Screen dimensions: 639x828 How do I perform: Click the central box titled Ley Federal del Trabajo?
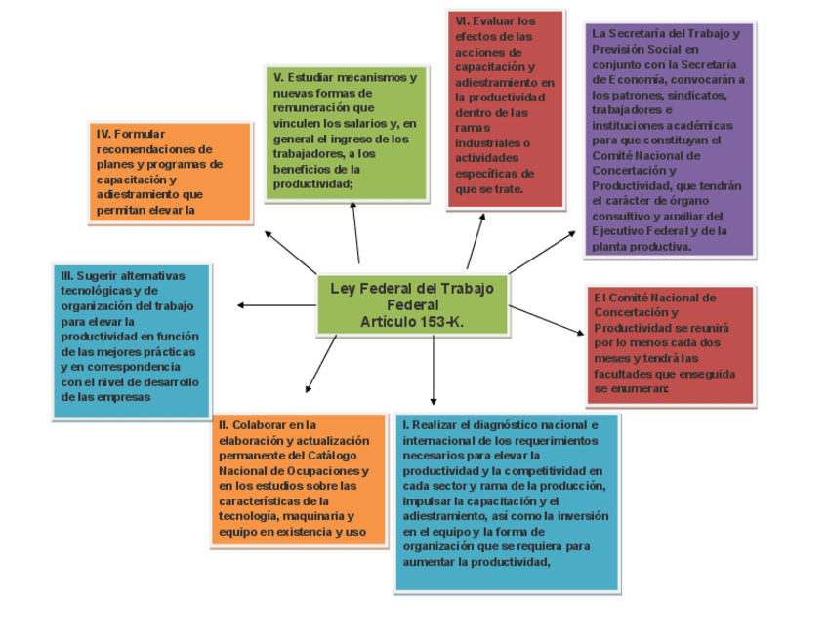pos(412,304)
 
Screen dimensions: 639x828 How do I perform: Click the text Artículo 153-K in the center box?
pos(412,321)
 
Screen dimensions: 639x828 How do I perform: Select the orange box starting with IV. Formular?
pos(171,172)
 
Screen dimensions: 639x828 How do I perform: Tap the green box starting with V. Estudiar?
pos(346,132)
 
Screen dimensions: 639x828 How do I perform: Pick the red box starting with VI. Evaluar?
pos(505,108)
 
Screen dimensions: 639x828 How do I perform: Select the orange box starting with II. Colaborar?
pos(289,478)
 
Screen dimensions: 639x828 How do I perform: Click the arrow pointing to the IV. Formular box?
pos(291,252)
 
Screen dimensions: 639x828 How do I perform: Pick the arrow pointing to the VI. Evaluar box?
pos(476,239)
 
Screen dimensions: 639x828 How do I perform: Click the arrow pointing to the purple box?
pos(542,253)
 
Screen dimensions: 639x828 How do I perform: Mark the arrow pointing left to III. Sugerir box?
pos(276,305)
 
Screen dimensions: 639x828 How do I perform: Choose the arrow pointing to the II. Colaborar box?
pos(321,364)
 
